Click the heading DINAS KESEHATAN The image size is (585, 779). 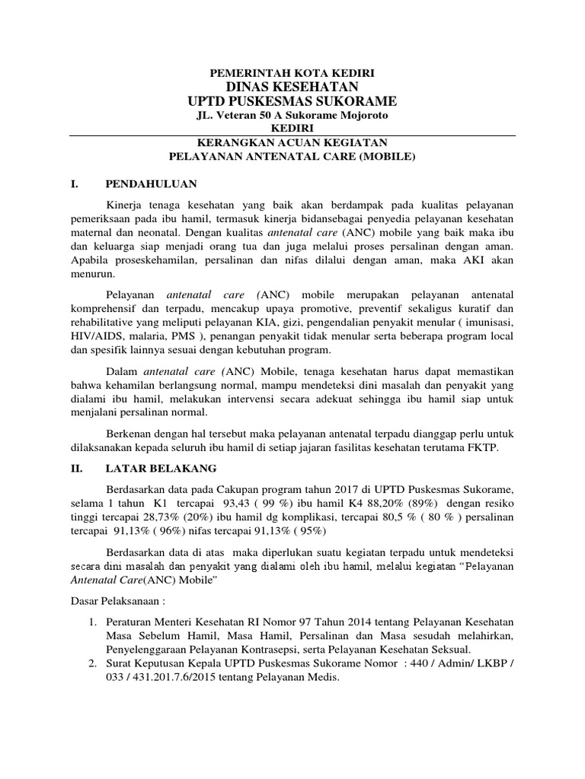(x=292, y=87)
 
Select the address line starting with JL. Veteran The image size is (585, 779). (x=292, y=116)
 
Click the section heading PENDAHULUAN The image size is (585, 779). (x=152, y=184)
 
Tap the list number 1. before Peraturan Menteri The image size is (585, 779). (x=92, y=623)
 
